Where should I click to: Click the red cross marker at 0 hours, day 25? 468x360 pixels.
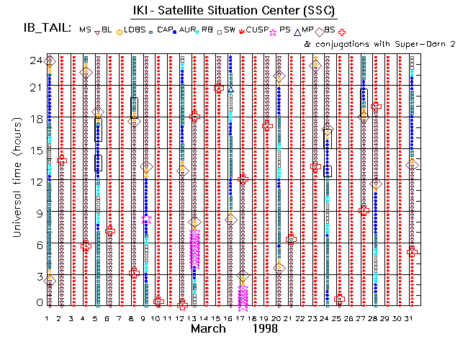pos(339,299)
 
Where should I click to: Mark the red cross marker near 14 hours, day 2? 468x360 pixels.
pos(62,160)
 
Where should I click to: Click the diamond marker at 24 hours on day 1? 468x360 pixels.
pos(50,61)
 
